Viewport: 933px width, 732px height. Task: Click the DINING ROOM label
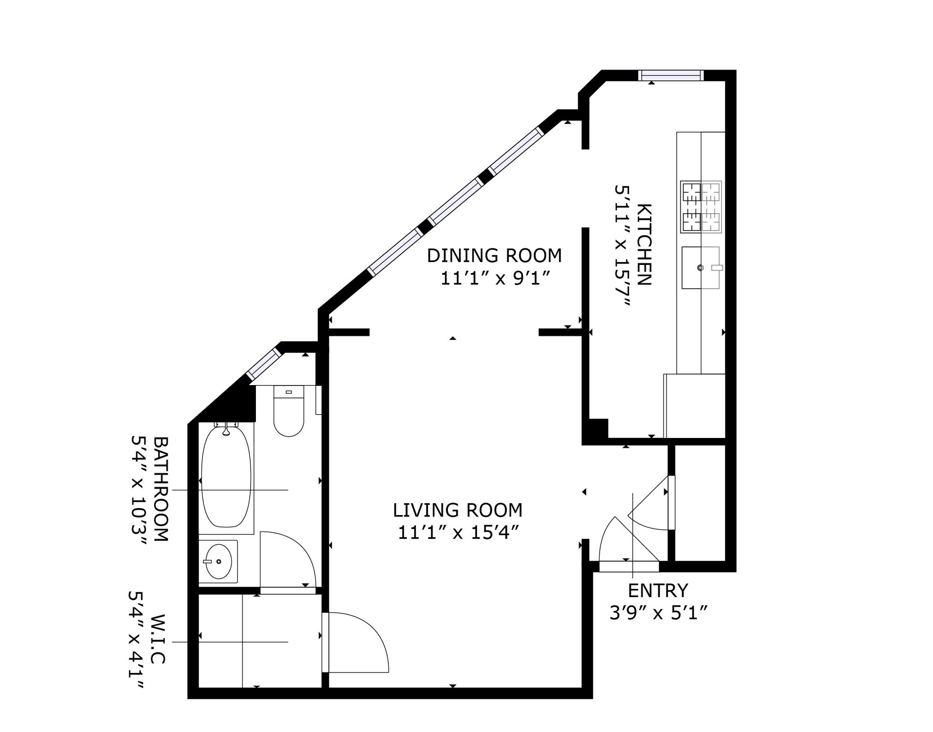coord(494,256)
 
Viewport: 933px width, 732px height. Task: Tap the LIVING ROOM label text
coord(457,510)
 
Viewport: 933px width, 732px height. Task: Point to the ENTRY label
coord(658,591)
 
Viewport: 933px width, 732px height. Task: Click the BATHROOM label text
coord(161,489)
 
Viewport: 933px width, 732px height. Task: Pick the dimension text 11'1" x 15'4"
coord(458,532)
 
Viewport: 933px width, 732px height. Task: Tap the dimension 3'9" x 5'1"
coord(658,613)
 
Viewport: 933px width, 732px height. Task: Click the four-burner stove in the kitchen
coord(700,207)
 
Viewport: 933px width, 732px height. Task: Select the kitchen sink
coord(700,268)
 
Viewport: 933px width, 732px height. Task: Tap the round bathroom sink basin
coord(218,561)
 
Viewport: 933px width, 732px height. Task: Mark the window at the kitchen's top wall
coord(670,75)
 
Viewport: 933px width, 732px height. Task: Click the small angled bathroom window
coord(264,364)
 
